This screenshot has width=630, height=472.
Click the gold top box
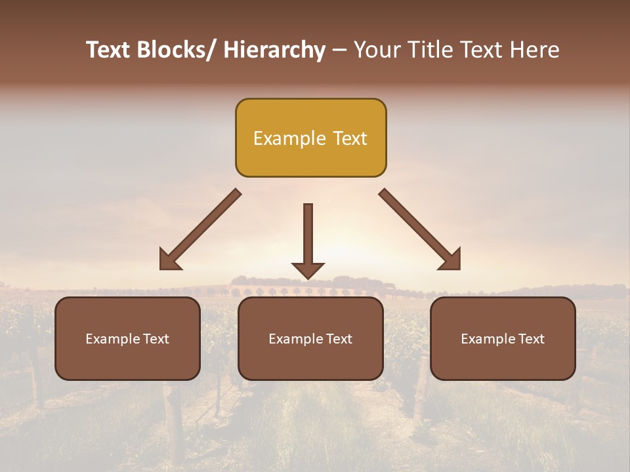(310, 138)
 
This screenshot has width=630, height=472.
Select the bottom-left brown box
(127, 338)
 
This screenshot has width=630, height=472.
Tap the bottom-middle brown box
(310, 338)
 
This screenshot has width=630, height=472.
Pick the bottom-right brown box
(503, 338)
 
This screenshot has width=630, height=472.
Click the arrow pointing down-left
(200, 229)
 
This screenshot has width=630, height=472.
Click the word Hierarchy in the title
(274, 50)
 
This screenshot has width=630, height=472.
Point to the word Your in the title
(376, 50)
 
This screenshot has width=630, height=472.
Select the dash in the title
(339, 50)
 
